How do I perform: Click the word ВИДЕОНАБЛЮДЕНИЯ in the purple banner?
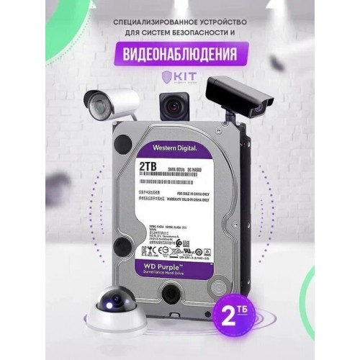(x=179, y=53)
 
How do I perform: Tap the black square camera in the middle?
(x=171, y=108)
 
